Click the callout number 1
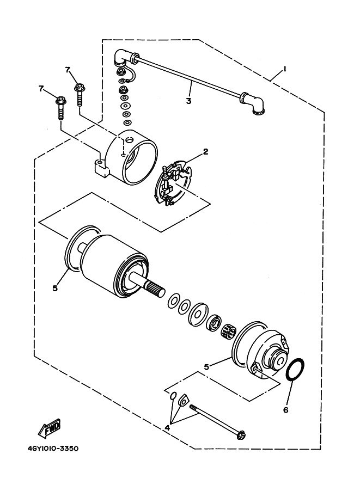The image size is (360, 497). point(283,70)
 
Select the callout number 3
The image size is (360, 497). point(188,100)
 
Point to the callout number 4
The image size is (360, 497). point(168,428)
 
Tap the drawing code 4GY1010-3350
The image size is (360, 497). point(52,450)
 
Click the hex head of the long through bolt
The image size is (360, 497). point(240,434)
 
